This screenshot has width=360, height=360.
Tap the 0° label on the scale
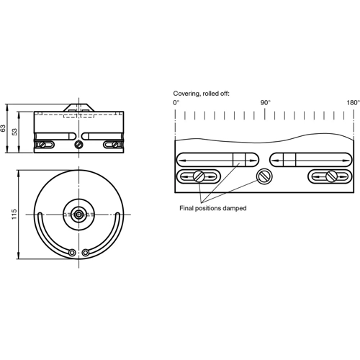pos(176,103)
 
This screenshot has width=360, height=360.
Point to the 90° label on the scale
pos(265,103)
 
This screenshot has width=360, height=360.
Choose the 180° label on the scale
pos(353,103)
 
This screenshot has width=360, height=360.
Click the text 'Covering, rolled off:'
pos(202,94)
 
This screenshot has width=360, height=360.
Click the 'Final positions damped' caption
pos(213,207)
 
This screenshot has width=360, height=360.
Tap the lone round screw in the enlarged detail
pos(264,176)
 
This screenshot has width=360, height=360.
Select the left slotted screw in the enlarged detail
pos(197,176)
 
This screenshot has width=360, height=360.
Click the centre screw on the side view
pos(78,144)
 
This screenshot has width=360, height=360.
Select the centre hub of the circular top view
pos(78,214)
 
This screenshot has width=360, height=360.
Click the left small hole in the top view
pos(71,252)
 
